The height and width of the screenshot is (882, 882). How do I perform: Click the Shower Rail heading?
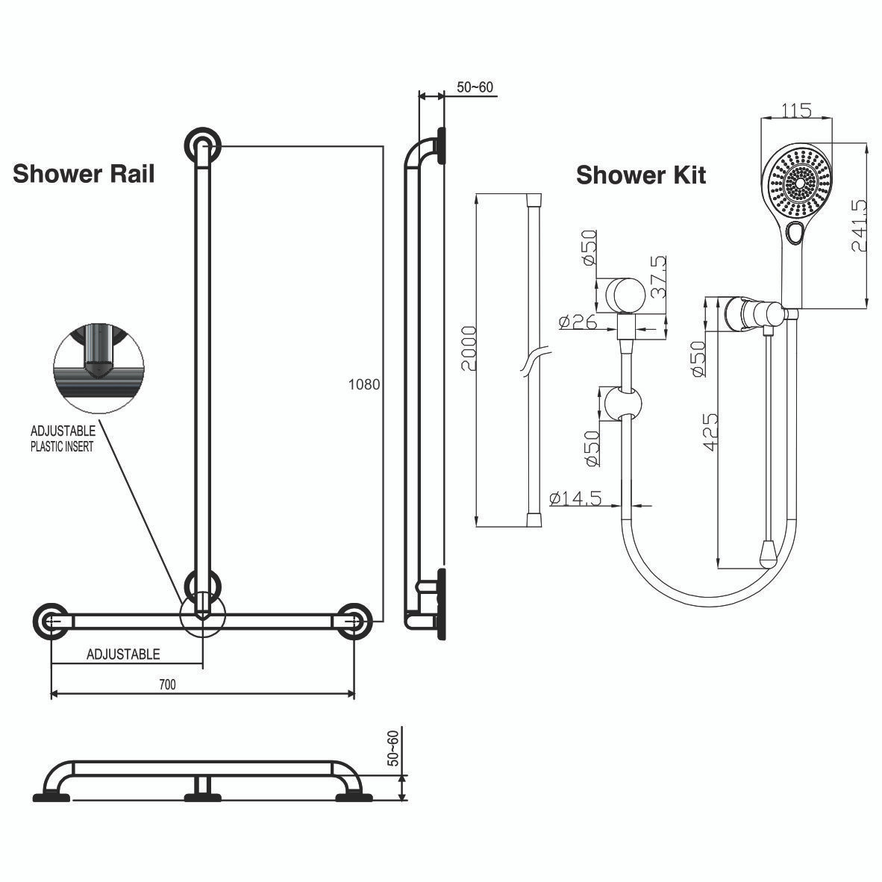coord(84,174)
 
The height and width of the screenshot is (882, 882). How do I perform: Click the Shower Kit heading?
coord(640,175)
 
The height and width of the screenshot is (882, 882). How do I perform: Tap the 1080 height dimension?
coord(364,385)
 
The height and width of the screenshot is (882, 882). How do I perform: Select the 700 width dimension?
coord(168,684)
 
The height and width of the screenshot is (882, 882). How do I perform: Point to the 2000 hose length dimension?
coord(468,348)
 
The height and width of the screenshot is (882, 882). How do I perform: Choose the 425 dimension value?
coord(710,431)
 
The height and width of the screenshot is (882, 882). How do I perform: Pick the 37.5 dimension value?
coord(658,278)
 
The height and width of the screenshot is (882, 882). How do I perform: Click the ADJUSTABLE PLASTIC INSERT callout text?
coord(63,439)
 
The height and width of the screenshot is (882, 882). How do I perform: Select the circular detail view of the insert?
coord(98,367)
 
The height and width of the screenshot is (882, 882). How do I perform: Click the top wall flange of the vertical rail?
coord(203,145)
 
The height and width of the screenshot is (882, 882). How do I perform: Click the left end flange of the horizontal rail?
coord(51,621)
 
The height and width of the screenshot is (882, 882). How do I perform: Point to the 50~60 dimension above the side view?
coord(475,87)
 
